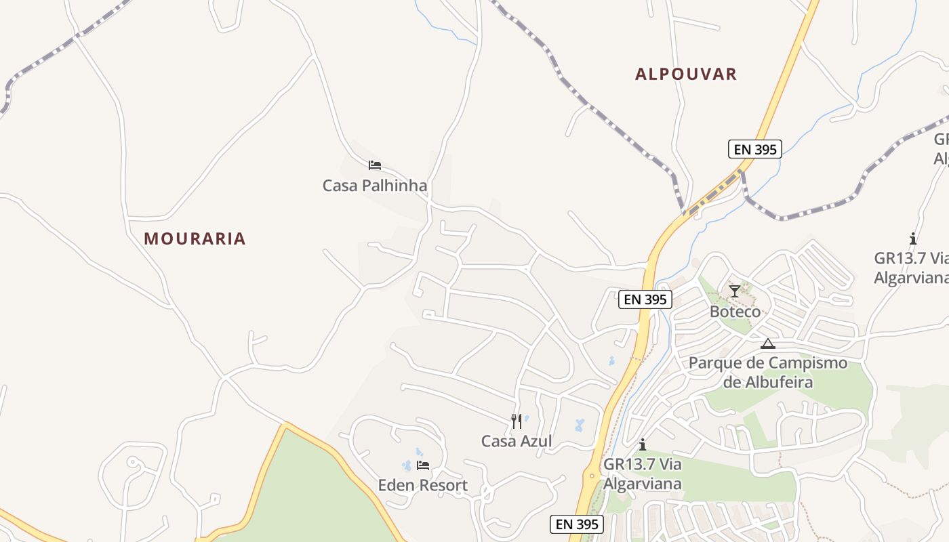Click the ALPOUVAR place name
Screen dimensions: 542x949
(685, 74)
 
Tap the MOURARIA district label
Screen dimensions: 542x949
(195, 238)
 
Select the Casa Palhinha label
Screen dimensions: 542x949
(375, 185)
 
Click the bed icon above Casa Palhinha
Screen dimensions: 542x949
(375, 165)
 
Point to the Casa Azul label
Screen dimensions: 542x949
(517, 441)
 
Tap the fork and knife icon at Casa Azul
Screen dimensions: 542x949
(517, 421)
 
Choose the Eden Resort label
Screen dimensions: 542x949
(422, 485)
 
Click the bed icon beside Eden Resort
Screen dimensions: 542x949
(423, 465)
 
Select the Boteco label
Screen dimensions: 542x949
(735, 312)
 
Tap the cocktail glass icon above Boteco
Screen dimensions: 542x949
(735, 291)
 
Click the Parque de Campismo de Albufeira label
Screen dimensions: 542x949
(768, 372)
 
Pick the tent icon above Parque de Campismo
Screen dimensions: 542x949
(767, 343)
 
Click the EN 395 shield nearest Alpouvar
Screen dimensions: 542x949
(755, 149)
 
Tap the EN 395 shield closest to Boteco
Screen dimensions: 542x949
(645, 299)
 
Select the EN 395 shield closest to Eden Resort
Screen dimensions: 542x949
(576, 524)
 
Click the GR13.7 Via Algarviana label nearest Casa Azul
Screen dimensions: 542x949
(642, 474)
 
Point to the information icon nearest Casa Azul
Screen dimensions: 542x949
(643, 444)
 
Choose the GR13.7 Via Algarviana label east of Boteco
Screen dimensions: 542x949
(910, 268)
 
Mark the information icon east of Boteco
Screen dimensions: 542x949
(913, 238)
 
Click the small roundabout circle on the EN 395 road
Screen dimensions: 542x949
(592, 476)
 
